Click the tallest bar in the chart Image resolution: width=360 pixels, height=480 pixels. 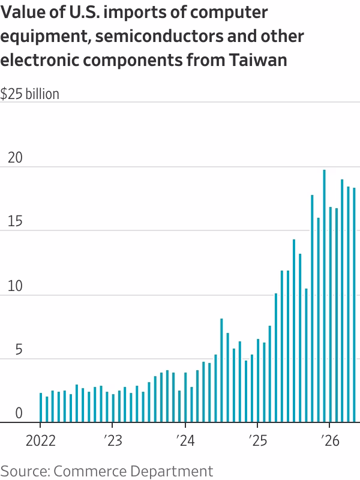click(x=324, y=296)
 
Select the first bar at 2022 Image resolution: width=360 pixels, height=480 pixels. click(x=41, y=407)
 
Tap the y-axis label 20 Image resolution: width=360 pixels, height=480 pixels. click(x=15, y=158)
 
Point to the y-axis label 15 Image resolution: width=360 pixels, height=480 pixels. click(x=15, y=221)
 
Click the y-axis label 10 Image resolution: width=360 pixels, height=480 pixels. click(x=15, y=286)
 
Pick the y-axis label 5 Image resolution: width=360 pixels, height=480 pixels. click(x=19, y=350)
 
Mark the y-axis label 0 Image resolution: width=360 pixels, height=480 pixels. click(x=19, y=413)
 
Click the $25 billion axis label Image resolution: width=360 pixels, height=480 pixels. click(x=29, y=94)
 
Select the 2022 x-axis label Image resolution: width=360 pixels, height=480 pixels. click(x=41, y=441)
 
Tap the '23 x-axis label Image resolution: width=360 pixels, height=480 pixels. click(x=113, y=441)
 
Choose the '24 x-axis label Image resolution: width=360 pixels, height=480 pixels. click(x=185, y=441)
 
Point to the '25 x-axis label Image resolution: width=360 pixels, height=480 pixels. click(x=257, y=441)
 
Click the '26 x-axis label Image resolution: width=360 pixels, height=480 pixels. click(x=330, y=441)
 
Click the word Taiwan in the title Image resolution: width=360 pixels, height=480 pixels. click(x=258, y=59)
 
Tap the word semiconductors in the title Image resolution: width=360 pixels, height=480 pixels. click(x=159, y=36)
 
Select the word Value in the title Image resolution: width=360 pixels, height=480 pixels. click(x=22, y=13)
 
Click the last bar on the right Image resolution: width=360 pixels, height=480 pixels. click(x=354, y=305)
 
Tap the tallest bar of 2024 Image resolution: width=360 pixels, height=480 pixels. click(x=221, y=370)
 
